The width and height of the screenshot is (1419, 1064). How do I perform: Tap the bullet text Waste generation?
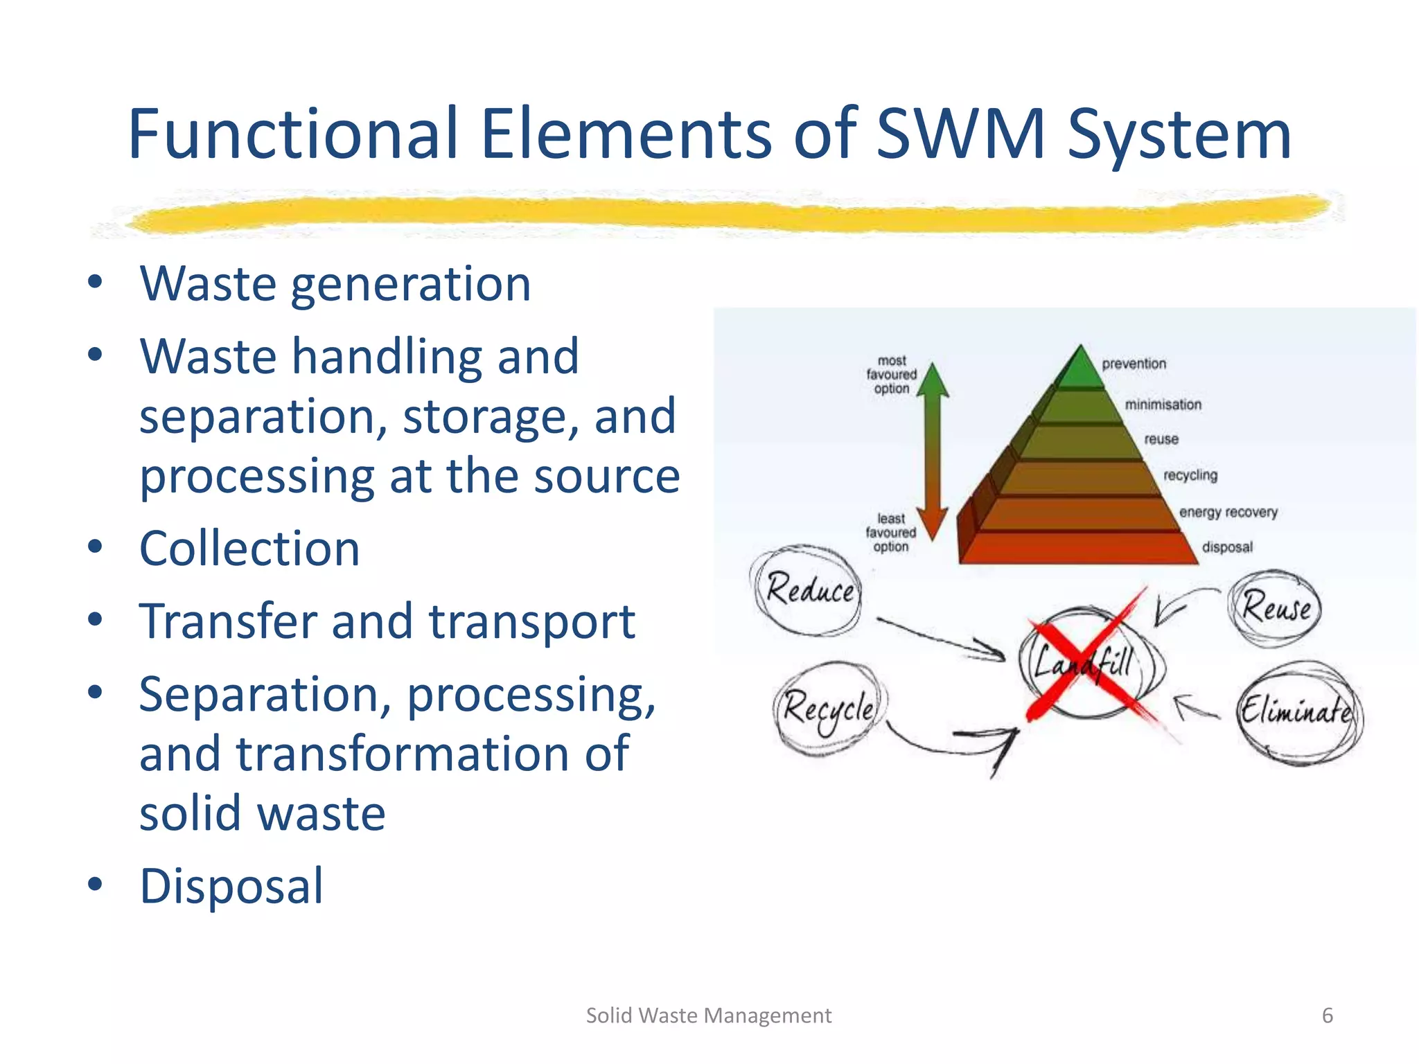[x=335, y=284]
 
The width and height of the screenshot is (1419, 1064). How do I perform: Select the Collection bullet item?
[x=249, y=549]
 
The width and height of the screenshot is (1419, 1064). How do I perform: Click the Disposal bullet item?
[x=231, y=886]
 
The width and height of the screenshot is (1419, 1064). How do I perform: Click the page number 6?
[x=1327, y=1016]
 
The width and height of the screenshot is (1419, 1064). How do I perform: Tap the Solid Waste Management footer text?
[x=708, y=1016]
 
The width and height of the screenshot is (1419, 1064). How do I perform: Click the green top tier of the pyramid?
[x=1079, y=369]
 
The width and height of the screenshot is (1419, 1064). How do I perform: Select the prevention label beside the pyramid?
[x=1134, y=364]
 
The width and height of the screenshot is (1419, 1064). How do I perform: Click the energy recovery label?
[x=1228, y=512]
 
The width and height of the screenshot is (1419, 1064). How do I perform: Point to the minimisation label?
[x=1163, y=405]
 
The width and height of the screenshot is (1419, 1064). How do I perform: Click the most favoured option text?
[x=891, y=375]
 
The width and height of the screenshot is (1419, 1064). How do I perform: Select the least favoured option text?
[x=890, y=532]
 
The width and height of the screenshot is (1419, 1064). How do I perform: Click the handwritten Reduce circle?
[x=808, y=591]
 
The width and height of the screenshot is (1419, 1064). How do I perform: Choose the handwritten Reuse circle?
[x=1276, y=608]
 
